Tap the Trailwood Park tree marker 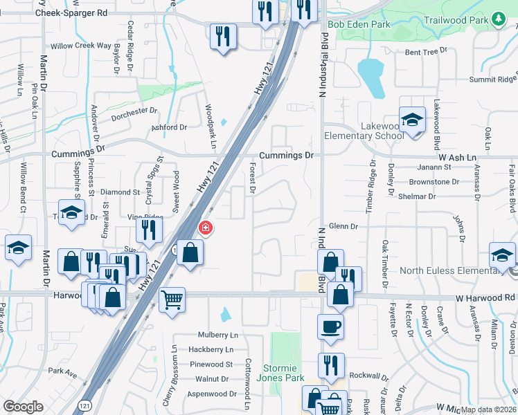[x=498, y=19]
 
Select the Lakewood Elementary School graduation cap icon [x=412, y=120]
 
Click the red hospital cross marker [x=205, y=228]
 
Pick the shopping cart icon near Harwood [x=172, y=299]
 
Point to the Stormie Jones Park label [x=285, y=373]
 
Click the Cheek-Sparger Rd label [x=72, y=12]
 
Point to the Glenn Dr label [x=343, y=226]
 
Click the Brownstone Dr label [x=434, y=181]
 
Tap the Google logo [x=23, y=407]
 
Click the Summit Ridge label [x=492, y=80]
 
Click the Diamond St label [x=120, y=192]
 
